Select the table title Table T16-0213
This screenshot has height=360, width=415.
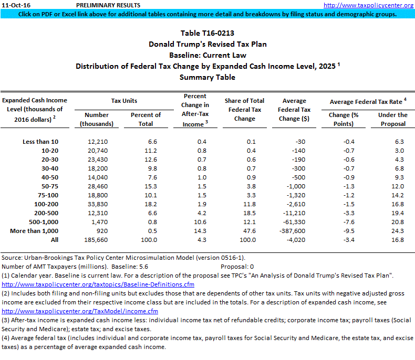pos(207,33)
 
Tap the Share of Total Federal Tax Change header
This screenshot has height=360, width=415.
pos(244,110)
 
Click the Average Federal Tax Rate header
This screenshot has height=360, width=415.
pos(366,101)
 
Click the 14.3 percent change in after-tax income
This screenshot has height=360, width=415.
pos(195,231)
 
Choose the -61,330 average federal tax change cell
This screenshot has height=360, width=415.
pos(299,222)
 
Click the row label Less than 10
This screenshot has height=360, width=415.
pos(40,142)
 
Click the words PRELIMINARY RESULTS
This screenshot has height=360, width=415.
pos(106,5)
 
